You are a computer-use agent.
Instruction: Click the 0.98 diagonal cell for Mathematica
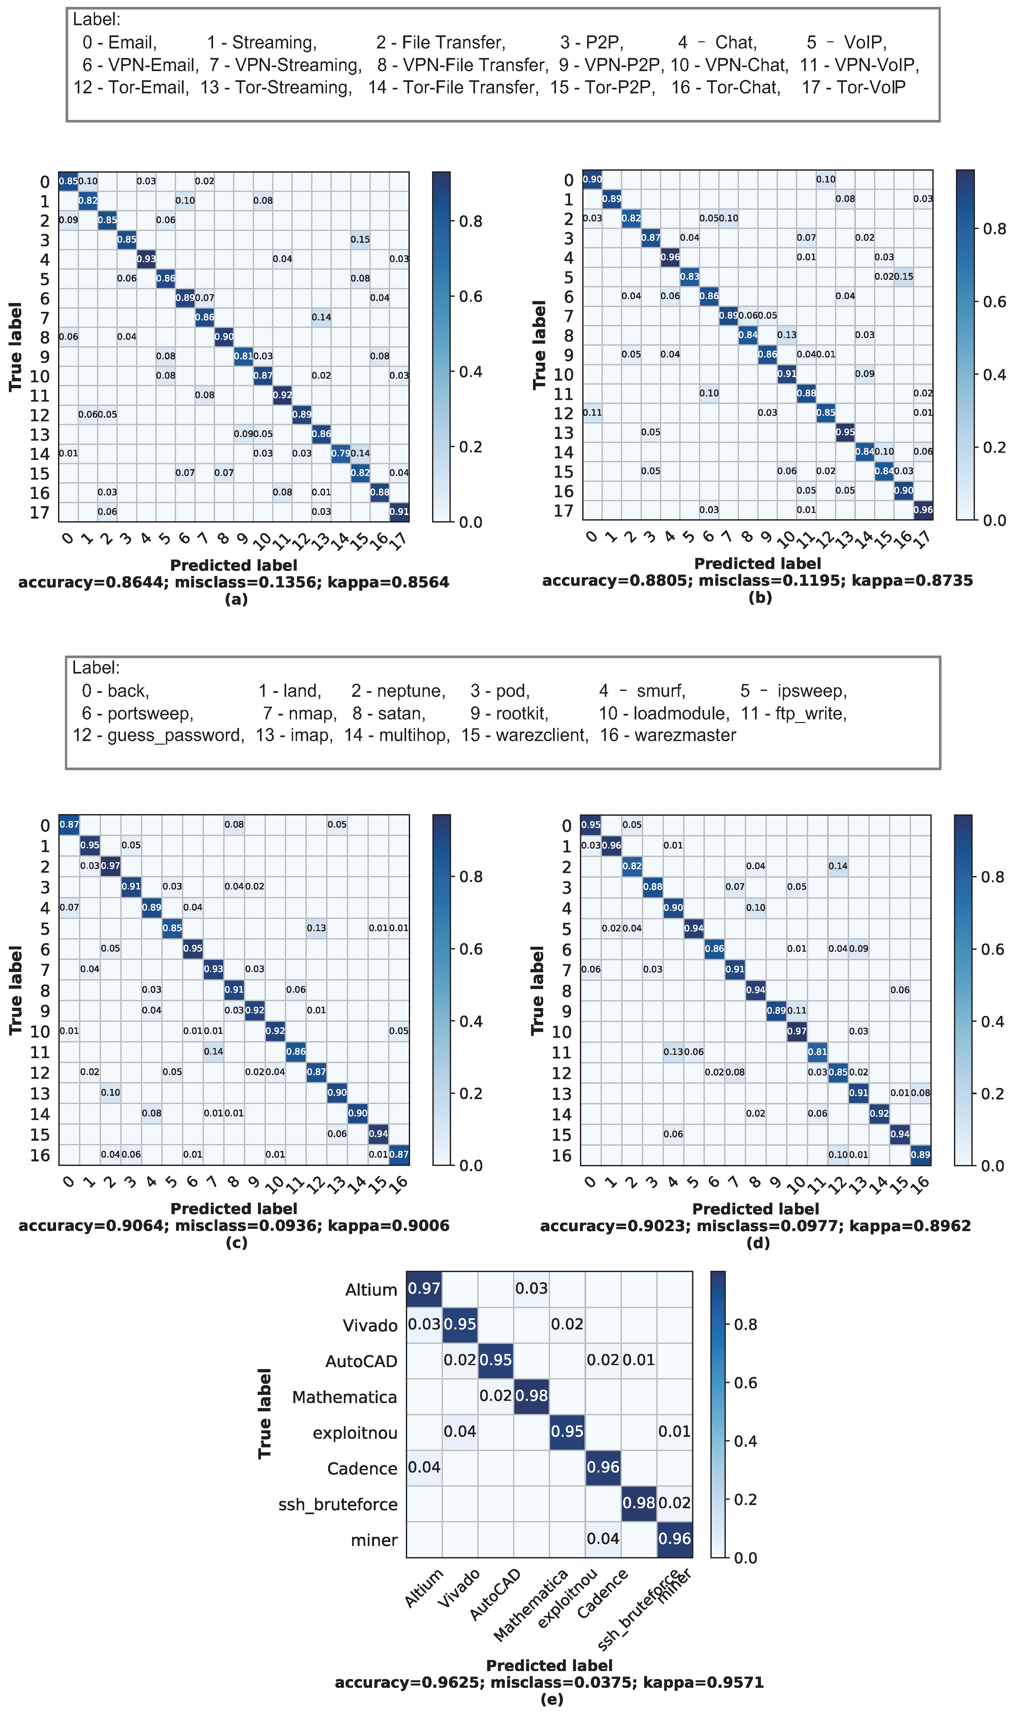(x=531, y=1396)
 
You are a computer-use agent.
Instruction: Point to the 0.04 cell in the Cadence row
(x=424, y=1467)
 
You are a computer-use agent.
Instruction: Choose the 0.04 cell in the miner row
(x=603, y=1539)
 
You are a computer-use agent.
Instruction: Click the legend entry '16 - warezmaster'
(x=668, y=735)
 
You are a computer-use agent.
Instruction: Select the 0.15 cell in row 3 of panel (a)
(x=360, y=240)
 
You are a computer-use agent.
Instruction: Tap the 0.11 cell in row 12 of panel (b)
(x=592, y=412)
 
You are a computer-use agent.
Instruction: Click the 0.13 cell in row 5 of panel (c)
(x=316, y=928)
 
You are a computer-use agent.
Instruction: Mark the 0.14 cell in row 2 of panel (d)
(x=838, y=866)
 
